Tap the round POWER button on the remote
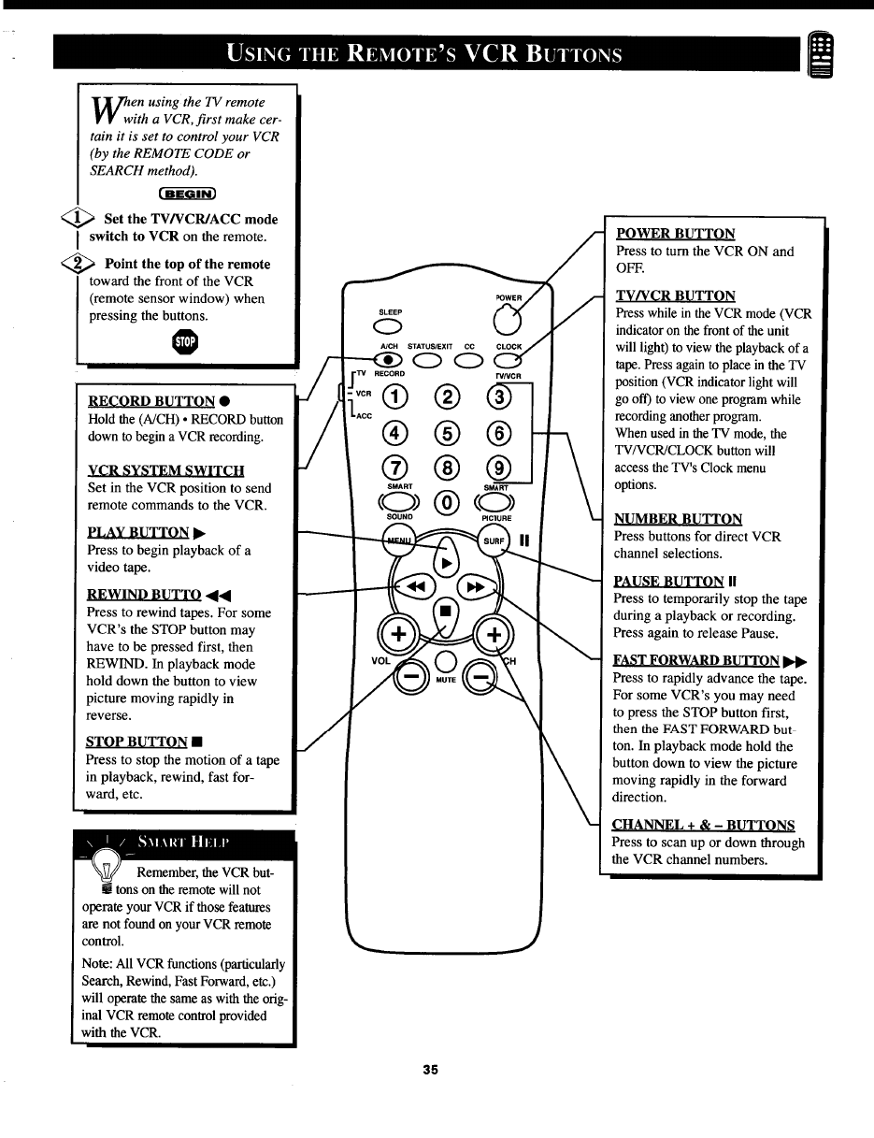click(x=506, y=323)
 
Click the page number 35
click(x=430, y=1070)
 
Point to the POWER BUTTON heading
click(x=675, y=234)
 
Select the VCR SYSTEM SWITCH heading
click(x=165, y=470)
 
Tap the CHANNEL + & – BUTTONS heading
click(x=703, y=825)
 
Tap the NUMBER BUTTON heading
click(x=678, y=519)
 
